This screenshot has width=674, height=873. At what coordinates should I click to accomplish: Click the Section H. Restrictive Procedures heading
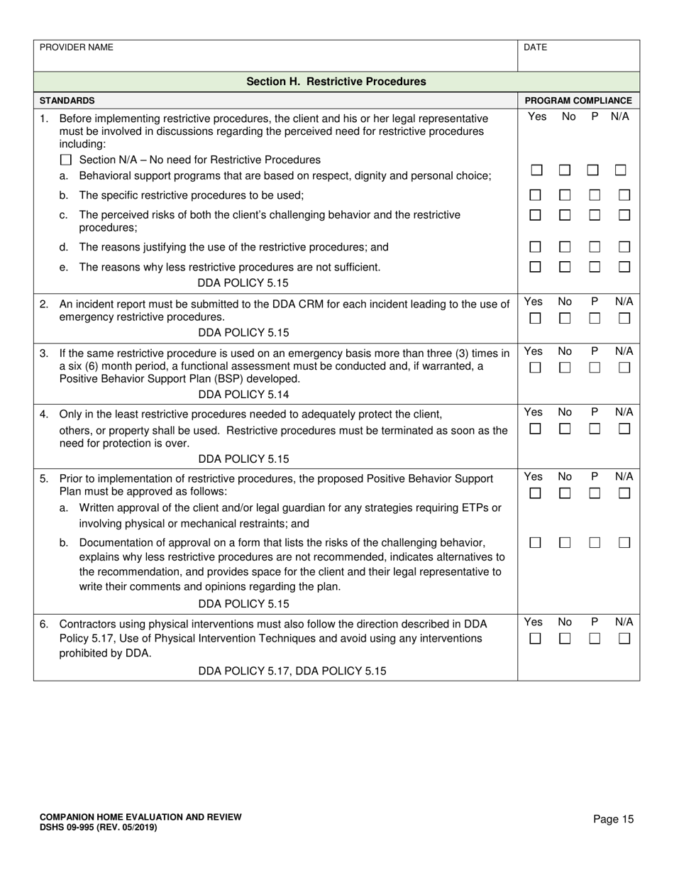(x=336, y=82)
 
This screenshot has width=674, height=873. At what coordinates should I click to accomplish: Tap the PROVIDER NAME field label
(x=76, y=48)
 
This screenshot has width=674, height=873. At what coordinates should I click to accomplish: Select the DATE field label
(x=535, y=48)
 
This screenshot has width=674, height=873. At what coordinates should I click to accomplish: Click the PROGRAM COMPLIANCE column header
(x=578, y=101)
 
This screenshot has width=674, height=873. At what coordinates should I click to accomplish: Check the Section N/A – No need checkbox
(x=66, y=160)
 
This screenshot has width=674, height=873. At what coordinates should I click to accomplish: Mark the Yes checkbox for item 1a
(x=536, y=170)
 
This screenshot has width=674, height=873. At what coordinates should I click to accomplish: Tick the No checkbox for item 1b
(x=565, y=195)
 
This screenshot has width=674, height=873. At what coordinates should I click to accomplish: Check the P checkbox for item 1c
(x=595, y=214)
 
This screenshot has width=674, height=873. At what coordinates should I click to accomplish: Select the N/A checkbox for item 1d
(x=624, y=247)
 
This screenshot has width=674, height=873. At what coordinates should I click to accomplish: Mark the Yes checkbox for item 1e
(x=536, y=267)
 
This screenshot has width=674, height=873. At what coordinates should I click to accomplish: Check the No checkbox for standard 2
(x=565, y=319)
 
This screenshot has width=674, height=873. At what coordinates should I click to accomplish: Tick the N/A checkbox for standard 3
(x=624, y=368)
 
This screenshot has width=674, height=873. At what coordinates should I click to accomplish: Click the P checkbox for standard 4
(x=595, y=429)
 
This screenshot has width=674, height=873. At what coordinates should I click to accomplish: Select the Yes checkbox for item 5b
(x=536, y=543)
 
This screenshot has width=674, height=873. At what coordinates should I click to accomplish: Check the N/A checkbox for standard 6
(x=624, y=639)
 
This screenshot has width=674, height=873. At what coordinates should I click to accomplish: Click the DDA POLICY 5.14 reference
(x=243, y=395)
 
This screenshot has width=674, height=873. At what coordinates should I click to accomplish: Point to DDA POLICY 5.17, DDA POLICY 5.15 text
(x=292, y=671)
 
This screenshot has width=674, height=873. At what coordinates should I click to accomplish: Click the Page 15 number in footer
(x=613, y=820)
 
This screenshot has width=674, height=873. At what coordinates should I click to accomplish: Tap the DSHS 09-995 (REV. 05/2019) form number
(x=99, y=828)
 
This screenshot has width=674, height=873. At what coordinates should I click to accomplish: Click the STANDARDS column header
(x=67, y=101)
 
